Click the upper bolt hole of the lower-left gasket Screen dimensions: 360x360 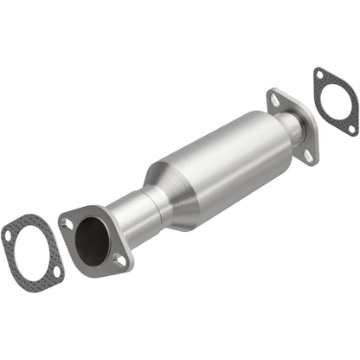pyautogui.click(x=8, y=234)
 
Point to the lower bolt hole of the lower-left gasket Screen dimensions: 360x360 pyautogui.click(x=57, y=272)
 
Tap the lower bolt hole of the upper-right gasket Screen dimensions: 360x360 pyautogui.click(x=351, y=129)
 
